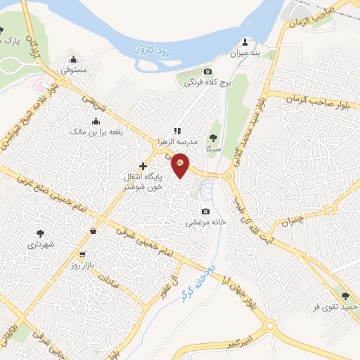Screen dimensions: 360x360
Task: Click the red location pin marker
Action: [x=181, y=166]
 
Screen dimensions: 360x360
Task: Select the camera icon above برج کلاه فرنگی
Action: [x=207, y=72]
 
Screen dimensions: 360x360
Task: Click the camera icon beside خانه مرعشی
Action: [x=205, y=212]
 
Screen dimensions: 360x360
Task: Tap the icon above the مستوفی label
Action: [x=74, y=59]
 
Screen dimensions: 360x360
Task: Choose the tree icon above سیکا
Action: [x=213, y=138]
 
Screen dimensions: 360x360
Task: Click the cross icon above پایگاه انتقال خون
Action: [x=143, y=165]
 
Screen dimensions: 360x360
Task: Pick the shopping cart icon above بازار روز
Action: [x=83, y=255]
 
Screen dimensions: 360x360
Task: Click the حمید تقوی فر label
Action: [x=336, y=307]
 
